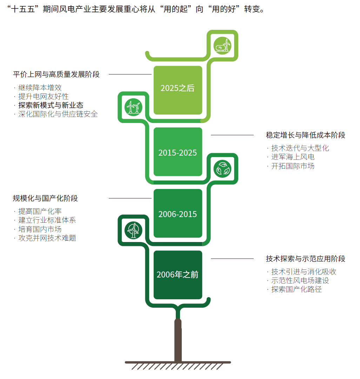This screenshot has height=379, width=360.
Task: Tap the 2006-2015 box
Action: coord(178,213)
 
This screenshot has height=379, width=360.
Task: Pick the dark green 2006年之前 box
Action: coord(178,275)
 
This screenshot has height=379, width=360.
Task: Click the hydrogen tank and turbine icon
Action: coord(222,46)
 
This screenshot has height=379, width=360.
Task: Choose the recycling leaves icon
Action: coord(222,169)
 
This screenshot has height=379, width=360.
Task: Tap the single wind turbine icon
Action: coord(133,230)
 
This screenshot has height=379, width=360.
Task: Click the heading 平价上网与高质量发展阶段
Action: coord(56,74)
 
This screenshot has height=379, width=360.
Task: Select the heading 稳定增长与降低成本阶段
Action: coord(305,135)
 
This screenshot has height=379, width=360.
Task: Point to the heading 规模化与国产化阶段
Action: coord(45,198)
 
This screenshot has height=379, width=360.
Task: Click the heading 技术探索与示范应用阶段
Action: coord(305,259)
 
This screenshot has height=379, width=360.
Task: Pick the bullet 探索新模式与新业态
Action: coord(51,105)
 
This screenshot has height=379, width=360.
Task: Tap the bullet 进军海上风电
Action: coord(293,157)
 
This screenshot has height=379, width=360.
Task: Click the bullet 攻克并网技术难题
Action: coord(47,238)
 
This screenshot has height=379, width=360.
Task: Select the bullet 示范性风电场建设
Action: coord(300,281)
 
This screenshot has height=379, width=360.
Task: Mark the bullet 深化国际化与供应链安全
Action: coord(58,114)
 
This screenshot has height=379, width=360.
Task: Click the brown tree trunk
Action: coord(178,339)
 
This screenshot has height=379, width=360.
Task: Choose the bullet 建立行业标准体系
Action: coord(47,220)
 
